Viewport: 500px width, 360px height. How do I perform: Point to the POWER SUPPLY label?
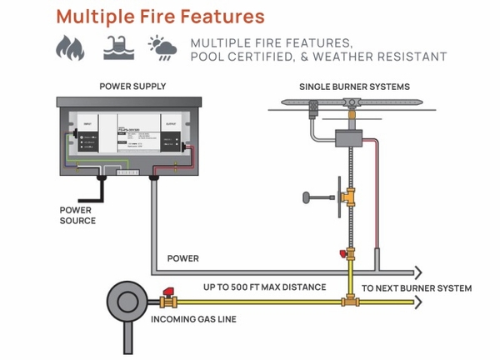132,86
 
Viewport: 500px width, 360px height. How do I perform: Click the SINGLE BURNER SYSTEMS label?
353,87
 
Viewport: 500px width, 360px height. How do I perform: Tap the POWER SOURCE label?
77,215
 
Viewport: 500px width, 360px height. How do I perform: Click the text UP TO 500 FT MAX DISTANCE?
264,287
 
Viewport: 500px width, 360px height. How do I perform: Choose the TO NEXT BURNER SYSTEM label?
416,288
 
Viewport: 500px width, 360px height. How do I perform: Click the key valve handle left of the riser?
313,197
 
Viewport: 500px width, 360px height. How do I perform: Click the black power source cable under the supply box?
100,190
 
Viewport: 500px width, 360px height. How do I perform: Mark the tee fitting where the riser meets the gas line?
347,301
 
